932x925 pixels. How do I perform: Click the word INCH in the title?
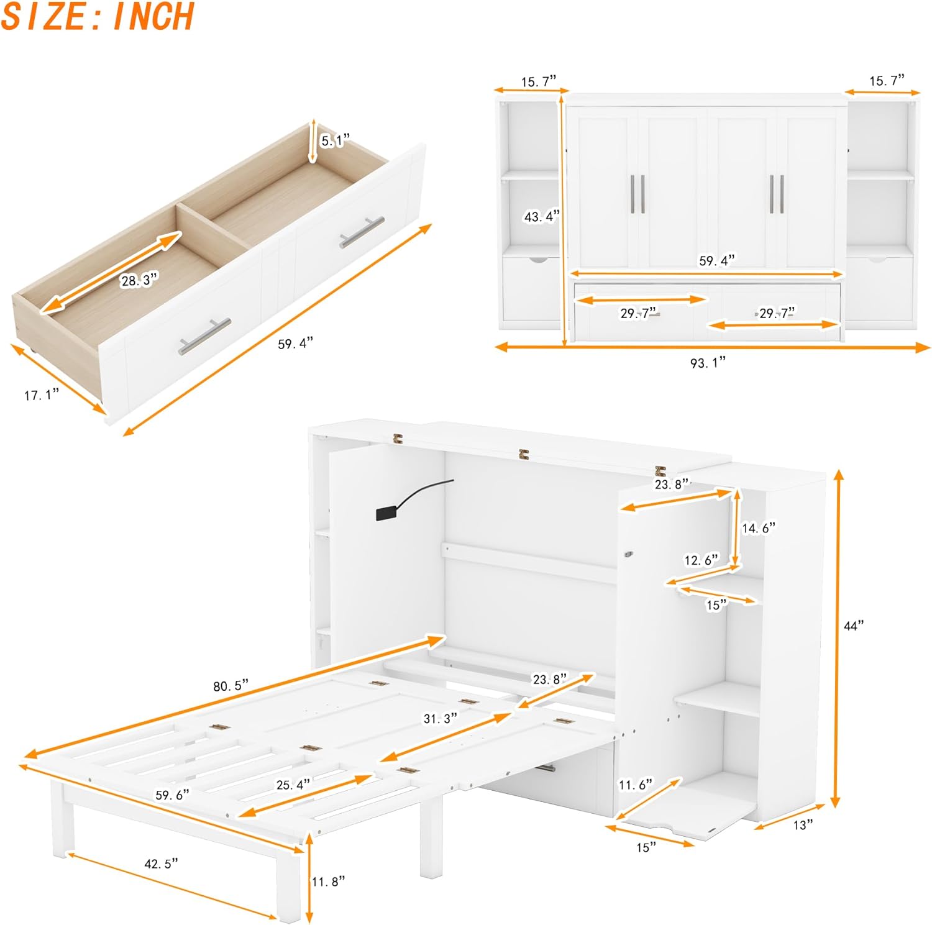pyautogui.click(x=153, y=17)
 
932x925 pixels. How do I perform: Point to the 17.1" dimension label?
pyautogui.click(x=42, y=394)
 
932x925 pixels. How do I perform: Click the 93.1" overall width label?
pyautogui.click(x=708, y=362)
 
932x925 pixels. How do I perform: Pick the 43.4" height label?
pyautogui.click(x=541, y=216)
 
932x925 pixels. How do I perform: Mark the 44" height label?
pyautogui.click(x=854, y=626)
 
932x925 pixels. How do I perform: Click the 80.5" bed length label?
pyautogui.click(x=231, y=686)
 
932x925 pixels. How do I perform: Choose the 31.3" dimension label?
pyautogui.click(x=440, y=718)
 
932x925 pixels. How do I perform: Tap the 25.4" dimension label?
pyautogui.click(x=293, y=785)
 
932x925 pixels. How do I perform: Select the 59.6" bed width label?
pyautogui.click(x=172, y=795)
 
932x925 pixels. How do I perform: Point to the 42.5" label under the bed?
pyautogui.click(x=160, y=863)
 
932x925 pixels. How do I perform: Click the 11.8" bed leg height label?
pyautogui.click(x=328, y=881)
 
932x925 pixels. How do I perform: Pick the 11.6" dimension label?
pyautogui.click(x=636, y=785)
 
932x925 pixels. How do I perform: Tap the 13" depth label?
pyautogui.click(x=803, y=824)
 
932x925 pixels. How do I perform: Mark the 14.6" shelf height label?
pyautogui.click(x=759, y=528)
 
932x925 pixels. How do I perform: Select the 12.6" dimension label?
pyautogui.click(x=701, y=560)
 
